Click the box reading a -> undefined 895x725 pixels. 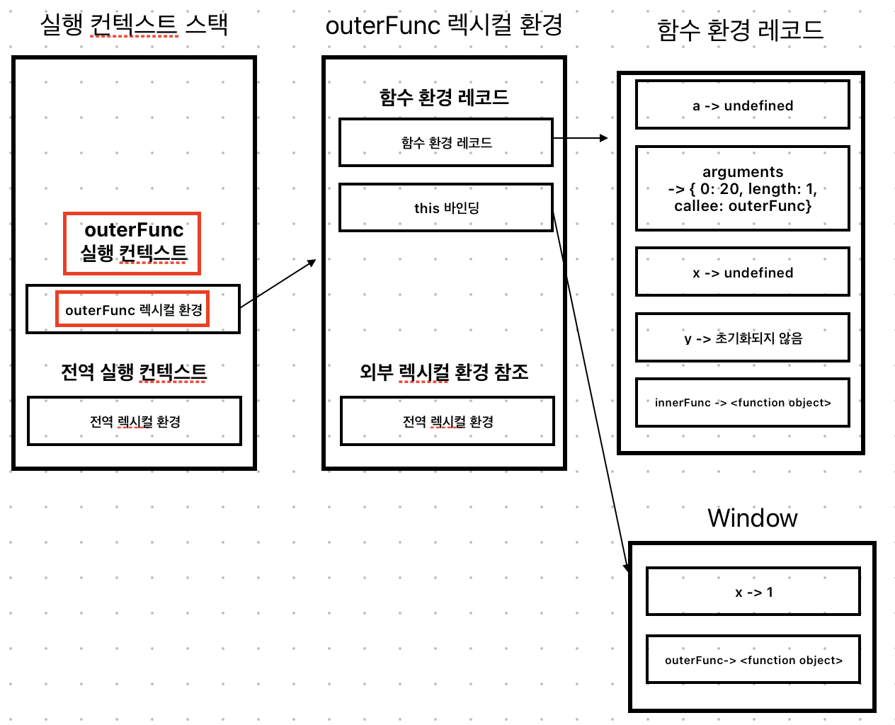742,105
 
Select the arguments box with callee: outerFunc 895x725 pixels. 742,188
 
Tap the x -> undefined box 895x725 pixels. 742,272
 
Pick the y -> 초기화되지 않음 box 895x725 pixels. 742,338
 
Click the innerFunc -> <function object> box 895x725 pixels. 742,402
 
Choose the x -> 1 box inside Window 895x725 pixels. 753,592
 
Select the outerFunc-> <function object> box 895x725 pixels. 753,660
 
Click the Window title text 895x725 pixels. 752,518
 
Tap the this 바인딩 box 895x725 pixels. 446,207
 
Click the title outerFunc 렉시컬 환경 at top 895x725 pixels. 444,25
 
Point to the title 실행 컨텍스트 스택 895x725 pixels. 134,25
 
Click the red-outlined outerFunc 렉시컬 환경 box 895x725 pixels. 132,309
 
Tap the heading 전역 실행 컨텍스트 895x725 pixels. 134,372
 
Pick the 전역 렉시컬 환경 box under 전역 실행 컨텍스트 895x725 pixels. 135,421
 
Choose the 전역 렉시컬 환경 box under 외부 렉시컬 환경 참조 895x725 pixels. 447,421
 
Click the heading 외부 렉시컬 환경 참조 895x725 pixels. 444,372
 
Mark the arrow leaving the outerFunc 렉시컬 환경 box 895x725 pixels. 278,284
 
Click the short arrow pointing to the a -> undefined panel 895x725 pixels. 581,138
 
